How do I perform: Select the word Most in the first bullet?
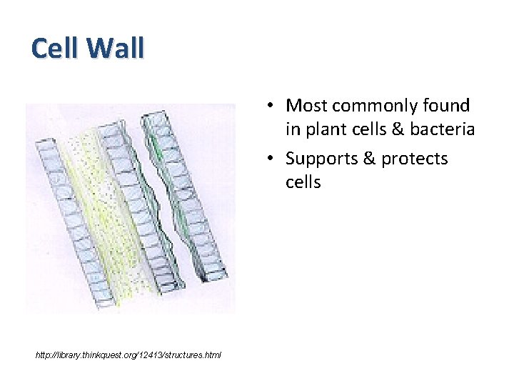tap(305, 106)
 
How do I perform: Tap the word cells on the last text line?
tap(303, 182)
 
